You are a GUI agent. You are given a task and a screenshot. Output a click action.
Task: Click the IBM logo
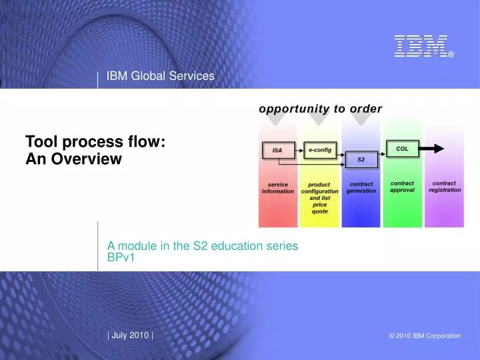pyautogui.click(x=420, y=46)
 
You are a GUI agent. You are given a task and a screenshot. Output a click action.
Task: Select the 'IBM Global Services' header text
pyautogui.click(x=160, y=76)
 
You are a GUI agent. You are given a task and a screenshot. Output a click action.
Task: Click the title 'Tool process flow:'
pyautogui.click(x=95, y=141)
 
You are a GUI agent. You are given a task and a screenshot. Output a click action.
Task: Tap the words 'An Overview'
pyautogui.click(x=73, y=159)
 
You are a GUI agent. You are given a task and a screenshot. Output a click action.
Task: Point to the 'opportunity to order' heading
pyautogui.click(x=321, y=109)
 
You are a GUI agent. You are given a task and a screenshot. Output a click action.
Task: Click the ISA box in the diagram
pyautogui.click(x=277, y=151)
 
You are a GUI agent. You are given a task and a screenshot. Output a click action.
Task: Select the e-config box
pyautogui.click(x=320, y=151)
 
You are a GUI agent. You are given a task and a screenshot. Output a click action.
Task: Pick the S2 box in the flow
pyautogui.click(x=361, y=160)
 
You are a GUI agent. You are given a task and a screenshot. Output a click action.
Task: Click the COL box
pyautogui.click(x=403, y=149)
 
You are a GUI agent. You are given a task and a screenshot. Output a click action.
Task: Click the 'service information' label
pyautogui.click(x=277, y=188)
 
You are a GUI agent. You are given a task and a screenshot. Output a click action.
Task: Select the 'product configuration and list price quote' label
pyautogui.click(x=320, y=198)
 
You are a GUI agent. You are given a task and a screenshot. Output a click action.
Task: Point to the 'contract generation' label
pyautogui.click(x=361, y=187)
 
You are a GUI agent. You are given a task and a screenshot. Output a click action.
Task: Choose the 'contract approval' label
pyautogui.click(x=402, y=187)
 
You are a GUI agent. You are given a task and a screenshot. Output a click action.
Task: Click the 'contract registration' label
pyautogui.click(x=445, y=187)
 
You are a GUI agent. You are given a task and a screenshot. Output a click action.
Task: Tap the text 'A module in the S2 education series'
pyautogui.click(x=202, y=245)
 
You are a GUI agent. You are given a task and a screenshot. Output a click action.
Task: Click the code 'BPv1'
pyautogui.click(x=121, y=257)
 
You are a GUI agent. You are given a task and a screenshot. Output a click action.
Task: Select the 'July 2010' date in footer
pyautogui.click(x=130, y=335)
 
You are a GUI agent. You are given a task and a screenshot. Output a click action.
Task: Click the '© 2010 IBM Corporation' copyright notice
pyautogui.click(x=425, y=336)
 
